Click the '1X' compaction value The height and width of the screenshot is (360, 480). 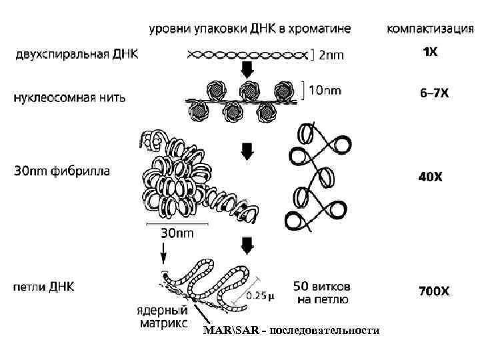[x=431, y=52]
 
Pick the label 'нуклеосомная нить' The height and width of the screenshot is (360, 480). [x=69, y=97]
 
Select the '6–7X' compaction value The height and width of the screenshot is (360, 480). [x=434, y=94]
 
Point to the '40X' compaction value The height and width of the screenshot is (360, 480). [x=430, y=177]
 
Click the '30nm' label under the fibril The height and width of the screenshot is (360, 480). [x=177, y=233]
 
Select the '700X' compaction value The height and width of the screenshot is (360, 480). [x=434, y=291]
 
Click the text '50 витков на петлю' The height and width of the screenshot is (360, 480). [x=323, y=293]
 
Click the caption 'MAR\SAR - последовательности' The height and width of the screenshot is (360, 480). [x=291, y=331]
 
